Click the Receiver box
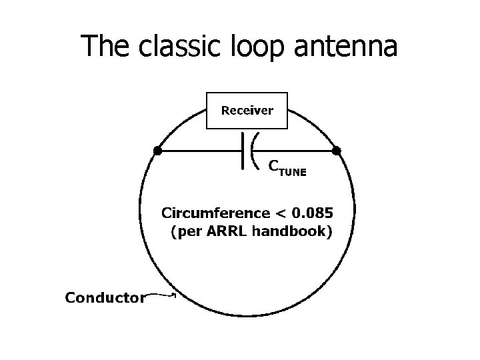coord(247,110)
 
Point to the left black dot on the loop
coord(157,151)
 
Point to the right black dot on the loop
coord(337,151)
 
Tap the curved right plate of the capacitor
coord(253,151)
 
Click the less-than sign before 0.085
coord(281,215)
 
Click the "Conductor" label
coord(104,297)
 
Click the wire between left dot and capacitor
coord(200,151)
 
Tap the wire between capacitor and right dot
coord(297,151)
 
